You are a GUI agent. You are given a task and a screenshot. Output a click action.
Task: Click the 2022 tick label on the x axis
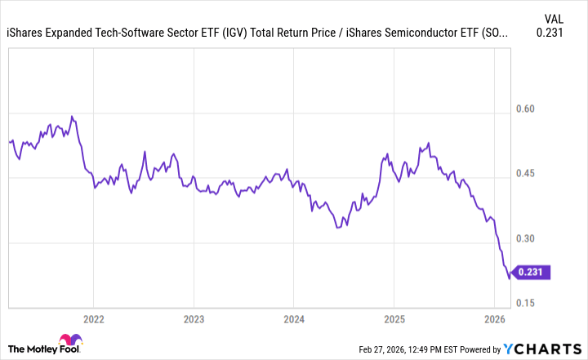click(93, 319)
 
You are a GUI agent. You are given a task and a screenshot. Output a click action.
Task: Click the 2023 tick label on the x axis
click(194, 319)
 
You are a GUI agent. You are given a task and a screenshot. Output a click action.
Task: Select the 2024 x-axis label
click(294, 319)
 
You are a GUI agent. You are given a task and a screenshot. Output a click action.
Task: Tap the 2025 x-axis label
click(394, 319)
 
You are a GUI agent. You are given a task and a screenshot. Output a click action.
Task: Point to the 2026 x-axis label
click(495, 319)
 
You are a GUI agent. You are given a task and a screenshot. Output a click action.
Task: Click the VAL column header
click(553, 18)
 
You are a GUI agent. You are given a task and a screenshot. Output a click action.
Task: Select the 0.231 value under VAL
click(551, 33)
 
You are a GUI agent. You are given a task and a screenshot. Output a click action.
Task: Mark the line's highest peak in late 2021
click(72, 116)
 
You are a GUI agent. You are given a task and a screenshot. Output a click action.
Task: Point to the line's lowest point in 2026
click(510, 278)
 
